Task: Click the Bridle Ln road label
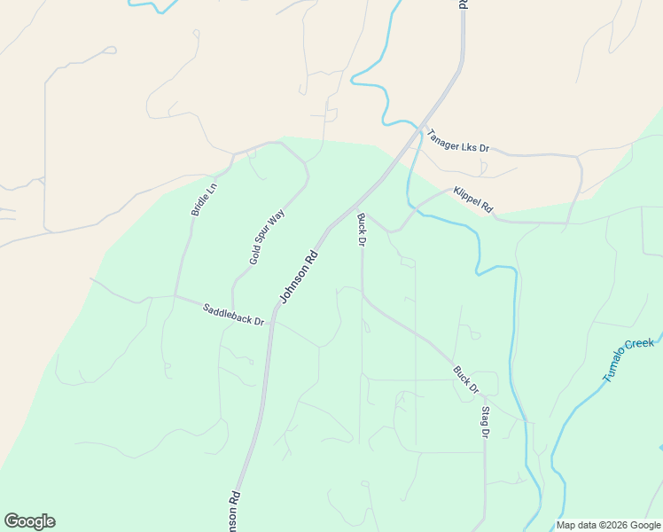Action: [204, 199]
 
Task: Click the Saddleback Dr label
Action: [233, 314]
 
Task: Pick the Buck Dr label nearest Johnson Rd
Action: [362, 230]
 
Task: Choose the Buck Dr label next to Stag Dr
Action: [466, 379]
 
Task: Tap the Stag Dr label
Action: [485, 422]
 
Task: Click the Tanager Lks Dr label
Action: [458, 141]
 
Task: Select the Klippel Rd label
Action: [472, 199]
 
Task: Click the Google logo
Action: [29, 521]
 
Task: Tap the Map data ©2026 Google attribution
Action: [607, 525]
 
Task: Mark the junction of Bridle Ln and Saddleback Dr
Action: [175, 295]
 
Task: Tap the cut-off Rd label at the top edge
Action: [463, 4]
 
